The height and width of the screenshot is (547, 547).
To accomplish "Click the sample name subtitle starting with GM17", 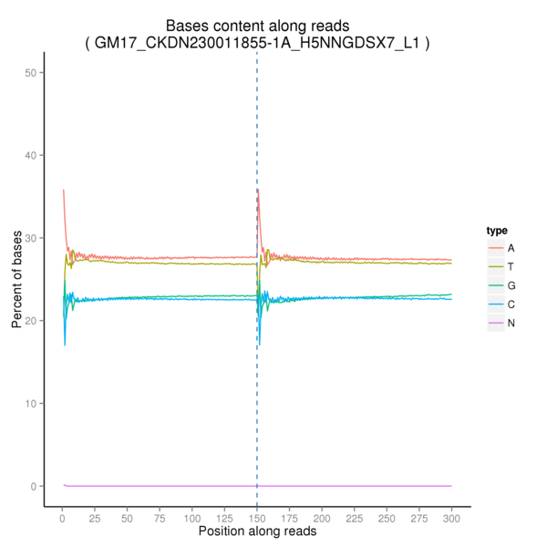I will (x=256, y=43).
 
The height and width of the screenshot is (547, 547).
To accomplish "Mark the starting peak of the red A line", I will (x=63, y=191).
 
